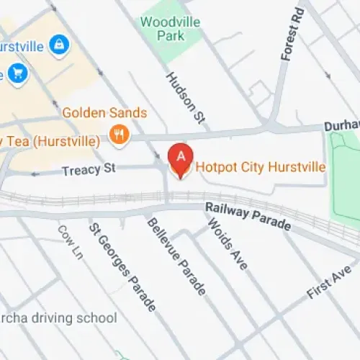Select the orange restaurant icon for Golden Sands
click(x=119, y=133)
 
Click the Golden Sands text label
click(x=104, y=113)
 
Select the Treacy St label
click(x=88, y=171)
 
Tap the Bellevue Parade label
click(x=176, y=256)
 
